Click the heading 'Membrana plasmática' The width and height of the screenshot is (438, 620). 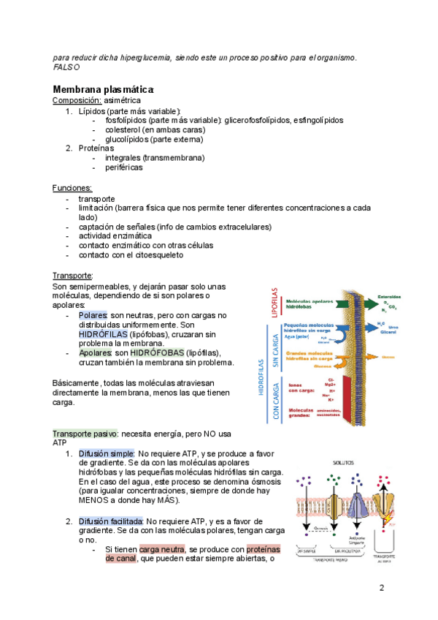click(x=103, y=88)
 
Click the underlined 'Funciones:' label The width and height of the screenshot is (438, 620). click(x=72, y=188)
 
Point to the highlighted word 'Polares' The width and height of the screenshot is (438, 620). click(x=93, y=315)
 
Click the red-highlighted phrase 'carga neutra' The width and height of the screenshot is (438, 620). click(x=163, y=549)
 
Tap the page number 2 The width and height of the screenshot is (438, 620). click(x=382, y=589)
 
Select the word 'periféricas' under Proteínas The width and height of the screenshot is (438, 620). click(x=123, y=167)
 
